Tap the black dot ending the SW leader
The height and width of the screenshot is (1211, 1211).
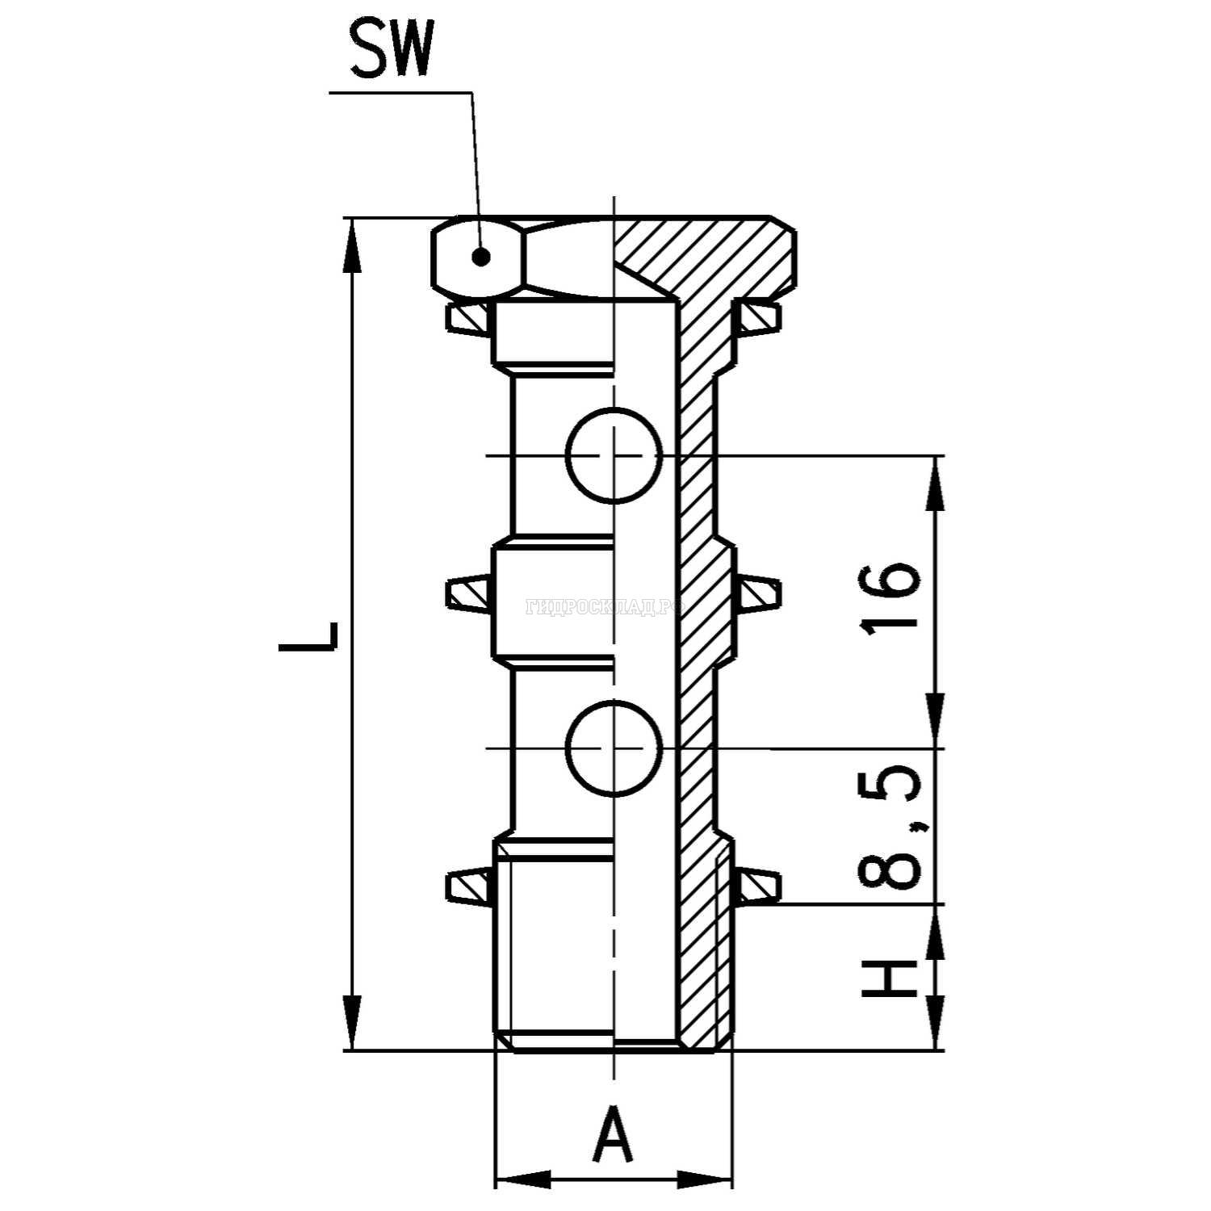point(481,258)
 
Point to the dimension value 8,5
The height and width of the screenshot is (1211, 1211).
point(890,828)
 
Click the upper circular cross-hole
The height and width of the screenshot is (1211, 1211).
point(614,455)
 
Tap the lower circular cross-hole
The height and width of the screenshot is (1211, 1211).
point(614,748)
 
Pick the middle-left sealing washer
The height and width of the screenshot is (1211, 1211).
point(468,594)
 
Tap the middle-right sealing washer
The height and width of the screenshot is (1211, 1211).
point(759,593)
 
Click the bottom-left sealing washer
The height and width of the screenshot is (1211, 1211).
point(468,885)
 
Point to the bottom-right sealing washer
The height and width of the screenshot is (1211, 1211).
point(758,885)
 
